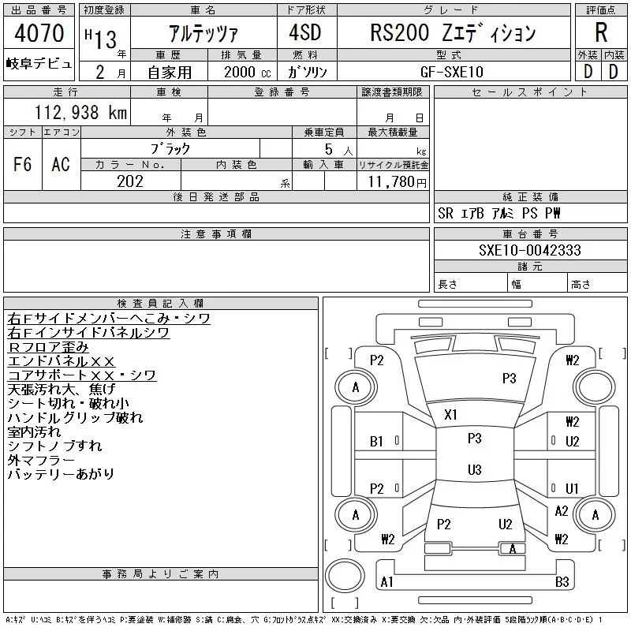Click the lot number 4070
point(39,33)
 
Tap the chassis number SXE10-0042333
point(530,250)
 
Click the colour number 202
point(130,181)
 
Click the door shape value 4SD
point(297,33)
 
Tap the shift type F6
point(23,164)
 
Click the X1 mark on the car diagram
point(451,414)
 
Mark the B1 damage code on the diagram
point(377,442)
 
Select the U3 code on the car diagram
point(474,470)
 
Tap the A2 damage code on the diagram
point(562,511)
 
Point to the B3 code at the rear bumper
point(562,582)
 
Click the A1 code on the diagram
point(386,582)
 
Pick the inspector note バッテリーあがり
point(61,474)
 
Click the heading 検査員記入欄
point(161,303)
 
